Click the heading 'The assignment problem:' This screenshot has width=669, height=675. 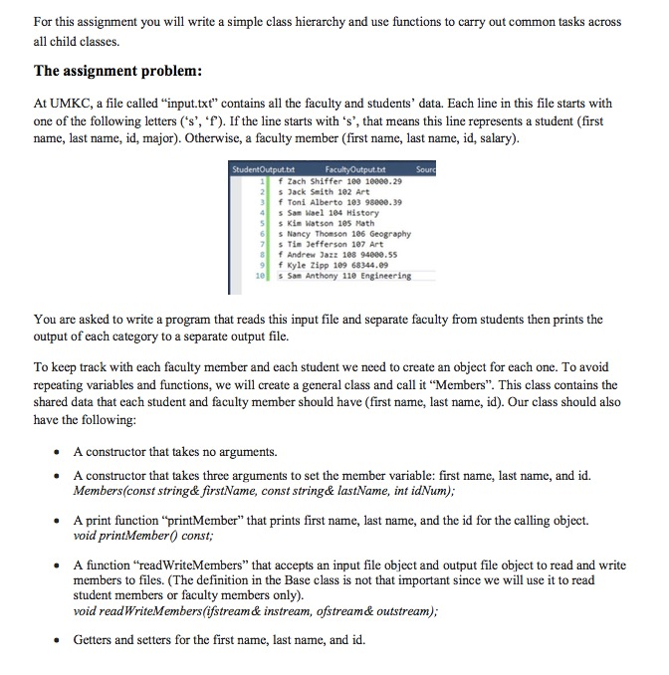pos(118,72)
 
